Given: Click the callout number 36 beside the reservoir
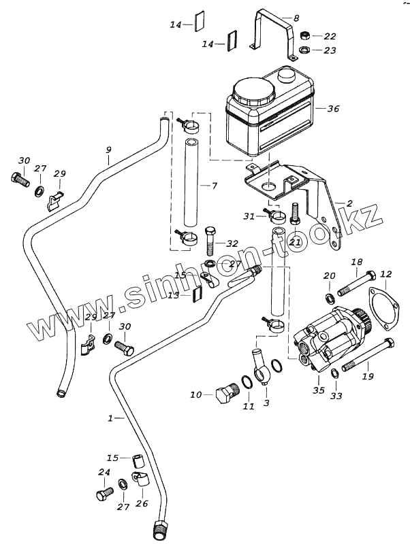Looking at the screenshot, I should click(333, 109).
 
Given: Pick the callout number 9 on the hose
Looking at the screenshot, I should click(108, 150).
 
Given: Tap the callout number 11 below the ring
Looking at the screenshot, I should click(249, 407).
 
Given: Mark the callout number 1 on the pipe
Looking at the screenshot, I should click(110, 418).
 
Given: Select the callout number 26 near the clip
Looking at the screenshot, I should click(142, 503).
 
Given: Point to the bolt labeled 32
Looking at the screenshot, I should click(210, 239).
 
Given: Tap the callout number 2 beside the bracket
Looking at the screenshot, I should click(349, 203).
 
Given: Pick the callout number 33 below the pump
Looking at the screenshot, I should click(336, 395).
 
